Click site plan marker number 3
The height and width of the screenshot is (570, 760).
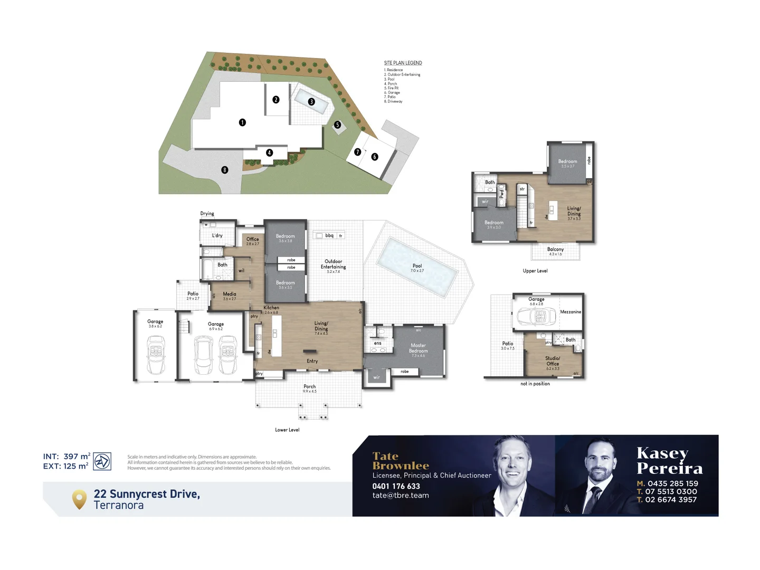click(x=311, y=102)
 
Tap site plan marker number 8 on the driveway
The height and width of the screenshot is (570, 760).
click(x=225, y=170)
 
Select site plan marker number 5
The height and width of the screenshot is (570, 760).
click(x=338, y=125)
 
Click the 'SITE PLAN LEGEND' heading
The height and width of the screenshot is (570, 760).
click(x=403, y=63)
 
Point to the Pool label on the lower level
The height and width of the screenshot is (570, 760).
click(x=417, y=266)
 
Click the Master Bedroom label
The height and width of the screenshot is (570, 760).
click(x=418, y=348)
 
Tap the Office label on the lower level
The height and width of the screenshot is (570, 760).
click(x=252, y=239)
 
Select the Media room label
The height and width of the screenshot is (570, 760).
click(x=229, y=294)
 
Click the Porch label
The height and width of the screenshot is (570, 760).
click(x=310, y=387)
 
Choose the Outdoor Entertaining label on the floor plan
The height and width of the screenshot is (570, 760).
click(x=333, y=264)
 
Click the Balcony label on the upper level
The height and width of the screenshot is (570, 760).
click(x=555, y=249)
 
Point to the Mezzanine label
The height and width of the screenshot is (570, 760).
click(x=571, y=312)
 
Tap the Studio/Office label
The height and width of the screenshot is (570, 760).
click(x=553, y=361)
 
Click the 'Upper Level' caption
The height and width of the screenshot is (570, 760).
click(x=535, y=271)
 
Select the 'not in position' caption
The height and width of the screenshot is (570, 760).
click(x=535, y=384)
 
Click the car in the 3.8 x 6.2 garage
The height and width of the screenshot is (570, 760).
click(x=156, y=355)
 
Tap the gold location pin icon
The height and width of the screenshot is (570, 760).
click(x=79, y=499)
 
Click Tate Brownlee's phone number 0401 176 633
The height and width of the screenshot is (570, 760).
click(x=396, y=486)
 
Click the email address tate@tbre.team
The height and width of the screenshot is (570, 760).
click(x=401, y=496)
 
